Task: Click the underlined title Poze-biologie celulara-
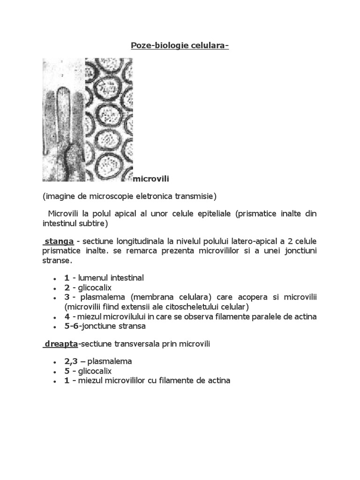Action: pyautogui.click(x=179, y=45)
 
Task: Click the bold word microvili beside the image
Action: pyautogui.click(x=152, y=179)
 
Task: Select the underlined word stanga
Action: pyautogui.click(x=59, y=241)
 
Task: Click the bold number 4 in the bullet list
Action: pyautogui.click(x=67, y=317)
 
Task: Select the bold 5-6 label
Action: pyautogui.click(x=73, y=326)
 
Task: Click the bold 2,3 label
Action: pyautogui.click(x=72, y=361)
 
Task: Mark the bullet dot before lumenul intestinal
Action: pyautogui.click(x=55, y=278)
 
